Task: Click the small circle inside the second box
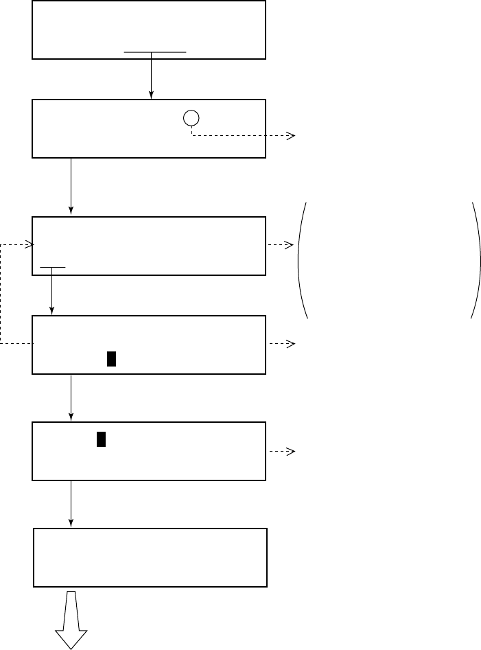click(x=191, y=118)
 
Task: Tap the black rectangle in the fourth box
click(x=110, y=358)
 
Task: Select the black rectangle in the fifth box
click(x=101, y=439)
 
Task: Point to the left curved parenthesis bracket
click(x=301, y=261)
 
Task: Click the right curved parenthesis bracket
click(x=475, y=261)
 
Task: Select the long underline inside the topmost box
click(x=154, y=51)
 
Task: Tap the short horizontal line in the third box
click(x=53, y=266)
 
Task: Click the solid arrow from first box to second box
click(x=151, y=76)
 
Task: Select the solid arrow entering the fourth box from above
click(x=53, y=292)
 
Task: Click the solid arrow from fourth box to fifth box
click(x=71, y=398)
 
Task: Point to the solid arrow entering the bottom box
click(x=71, y=504)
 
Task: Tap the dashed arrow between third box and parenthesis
click(x=281, y=245)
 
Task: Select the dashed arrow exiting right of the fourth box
click(x=281, y=343)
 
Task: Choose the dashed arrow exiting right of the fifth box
click(x=281, y=451)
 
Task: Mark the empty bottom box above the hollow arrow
click(x=150, y=557)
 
